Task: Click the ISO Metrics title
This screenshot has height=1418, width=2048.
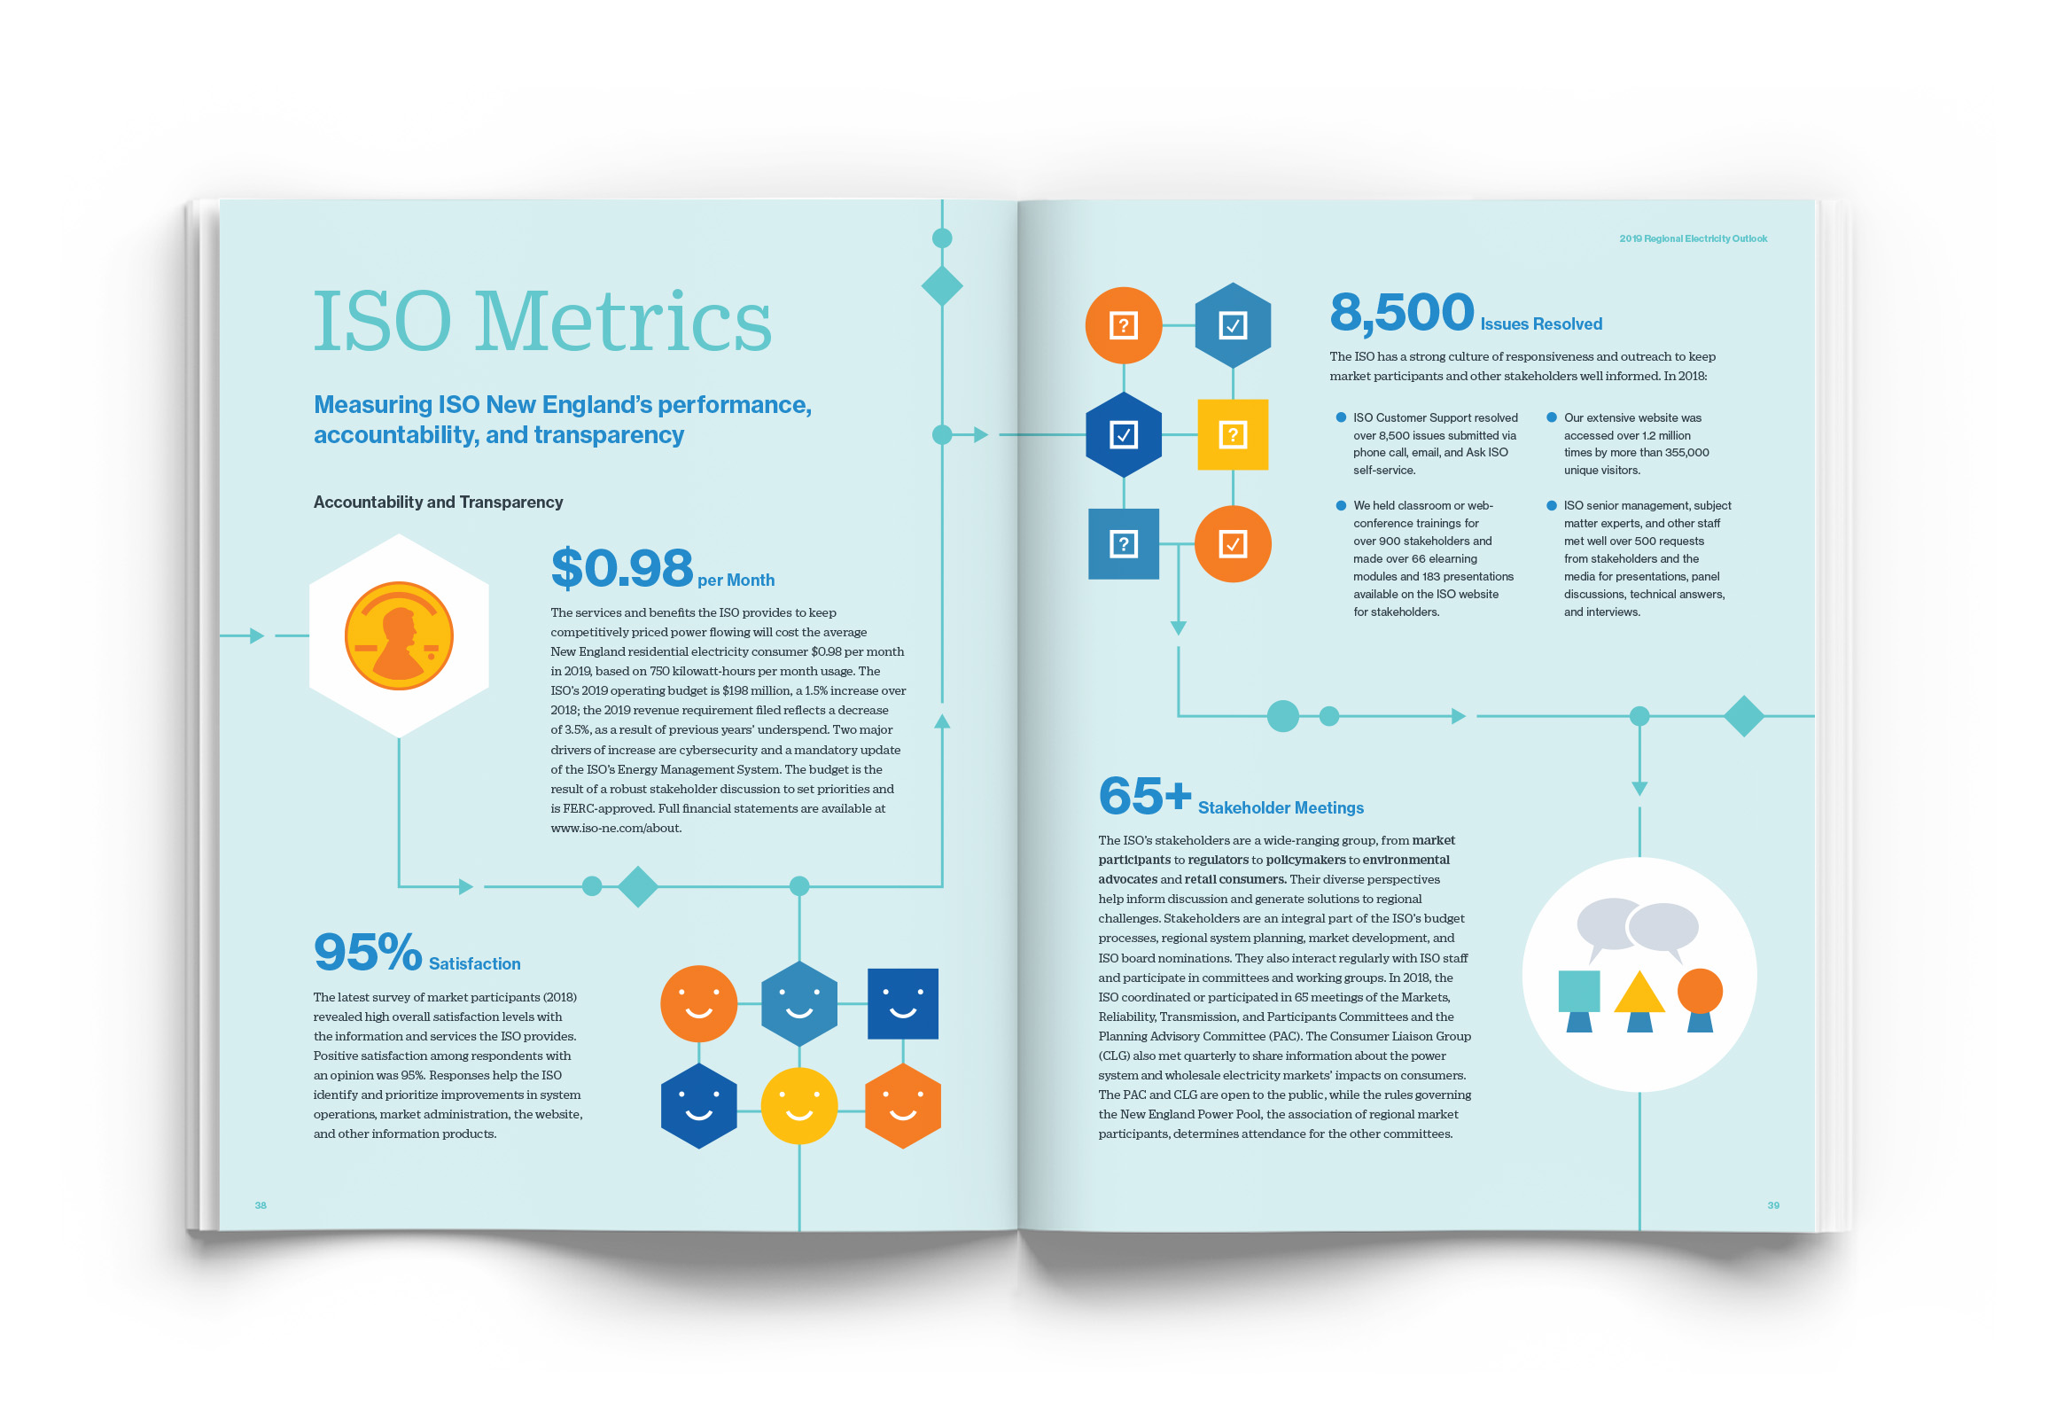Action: pos(542,322)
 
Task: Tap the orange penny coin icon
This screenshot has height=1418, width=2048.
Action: pos(399,636)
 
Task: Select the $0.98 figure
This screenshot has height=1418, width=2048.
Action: pos(621,569)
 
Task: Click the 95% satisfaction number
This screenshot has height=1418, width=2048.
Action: pos(367,952)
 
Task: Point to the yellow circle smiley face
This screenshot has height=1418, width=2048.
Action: pos(798,1106)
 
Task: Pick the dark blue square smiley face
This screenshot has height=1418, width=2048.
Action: pos(902,1004)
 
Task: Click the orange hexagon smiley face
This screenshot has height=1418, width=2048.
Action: pos(902,1106)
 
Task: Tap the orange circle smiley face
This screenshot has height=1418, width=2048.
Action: pos(698,1004)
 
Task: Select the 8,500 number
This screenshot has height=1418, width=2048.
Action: pos(1401,313)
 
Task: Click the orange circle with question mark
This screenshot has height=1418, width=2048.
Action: pos(1123,325)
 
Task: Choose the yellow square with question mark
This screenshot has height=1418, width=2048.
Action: pos(1233,434)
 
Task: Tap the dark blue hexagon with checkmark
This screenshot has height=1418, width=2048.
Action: pos(1123,434)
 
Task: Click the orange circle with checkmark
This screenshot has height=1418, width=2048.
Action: pos(1233,544)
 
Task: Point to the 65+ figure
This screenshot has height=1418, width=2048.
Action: pos(1143,795)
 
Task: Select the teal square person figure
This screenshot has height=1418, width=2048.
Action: pos(1579,1000)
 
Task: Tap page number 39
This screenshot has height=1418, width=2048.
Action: pos(1772,1205)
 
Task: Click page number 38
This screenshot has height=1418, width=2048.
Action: pos(261,1205)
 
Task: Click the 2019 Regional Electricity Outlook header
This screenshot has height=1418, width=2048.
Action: pos(1693,238)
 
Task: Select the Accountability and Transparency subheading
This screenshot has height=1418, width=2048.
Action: pos(438,502)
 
